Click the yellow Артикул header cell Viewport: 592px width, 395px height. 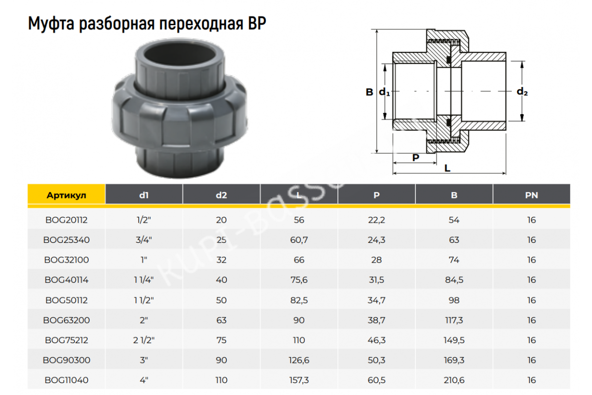point(66,195)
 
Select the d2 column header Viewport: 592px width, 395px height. point(221,195)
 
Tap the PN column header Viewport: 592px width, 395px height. point(531,195)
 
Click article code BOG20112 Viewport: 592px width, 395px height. point(66,220)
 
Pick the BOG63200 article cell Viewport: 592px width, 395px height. point(66,320)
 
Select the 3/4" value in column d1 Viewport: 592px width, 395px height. point(144,239)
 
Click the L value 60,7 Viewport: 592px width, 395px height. point(299,240)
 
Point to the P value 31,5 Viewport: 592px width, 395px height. point(376,280)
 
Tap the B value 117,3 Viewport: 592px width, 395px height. point(454,320)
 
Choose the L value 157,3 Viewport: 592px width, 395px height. point(299,380)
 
